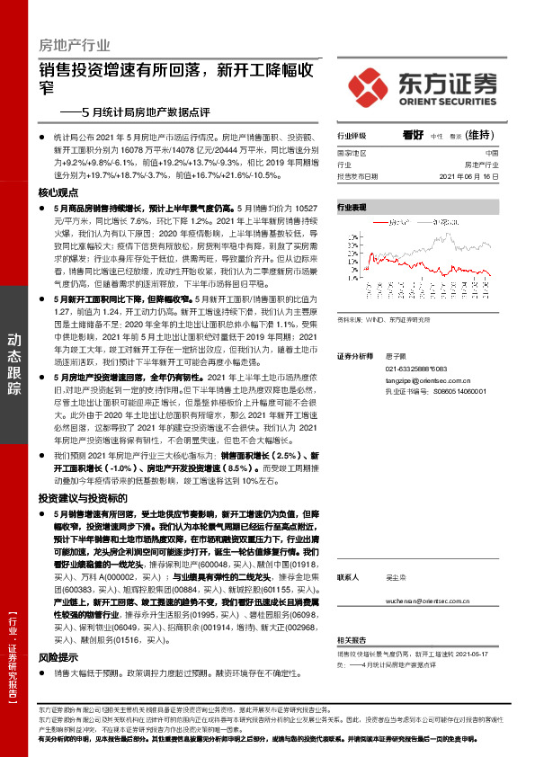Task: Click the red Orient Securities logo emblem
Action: pyautogui.click(x=368, y=86)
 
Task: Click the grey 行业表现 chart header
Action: pyautogui.click(x=352, y=207)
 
